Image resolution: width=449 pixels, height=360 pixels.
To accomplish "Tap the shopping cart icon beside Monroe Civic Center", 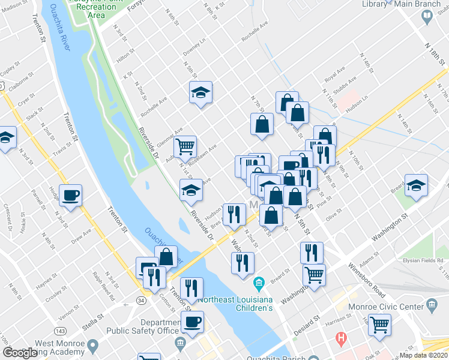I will coord(379,325).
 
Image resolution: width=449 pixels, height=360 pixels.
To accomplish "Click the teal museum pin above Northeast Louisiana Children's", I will coord(259,282).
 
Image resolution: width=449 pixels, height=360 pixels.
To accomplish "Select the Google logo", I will coord(19,353).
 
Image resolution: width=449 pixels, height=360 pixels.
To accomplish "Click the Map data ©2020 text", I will coord(424,355).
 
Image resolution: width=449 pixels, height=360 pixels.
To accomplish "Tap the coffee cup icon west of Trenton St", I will coord(70,195).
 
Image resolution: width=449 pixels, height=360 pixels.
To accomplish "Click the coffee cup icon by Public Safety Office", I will coord(192,322).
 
